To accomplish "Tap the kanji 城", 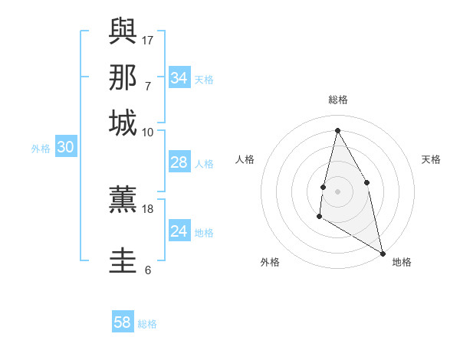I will pyautogui.click(x=123, y=123).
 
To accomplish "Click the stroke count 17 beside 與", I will pyautogui.click(x=148, y=39).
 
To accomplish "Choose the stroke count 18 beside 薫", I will pyautogui.click(x=148, y=208).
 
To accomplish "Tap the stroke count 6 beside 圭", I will pyautogui.click(x=148, y=270).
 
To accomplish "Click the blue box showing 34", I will pyautogui.click(x=179, y=78).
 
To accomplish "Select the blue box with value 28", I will pyautogui.click(x=179, y=162).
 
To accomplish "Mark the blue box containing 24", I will pyautogui.click(x=179, y=231).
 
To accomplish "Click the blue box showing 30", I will pyautogui.click(x=65, y=148).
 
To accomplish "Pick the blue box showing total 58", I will pyautogui.click(x=123, y=322).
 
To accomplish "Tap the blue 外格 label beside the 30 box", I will pyautogui.click(x=41, y=149).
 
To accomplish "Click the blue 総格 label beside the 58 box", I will pyautogui.click(x=148, y=324).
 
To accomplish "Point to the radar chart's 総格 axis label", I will pyautogui.click(x=338, y=100).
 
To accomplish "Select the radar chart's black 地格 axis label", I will pyautogui.click(x=402, y=262).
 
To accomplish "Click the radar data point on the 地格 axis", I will pyautogui.click(x=383, y=253).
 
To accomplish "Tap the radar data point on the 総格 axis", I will pyautogui.click(x=337, y=130).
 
